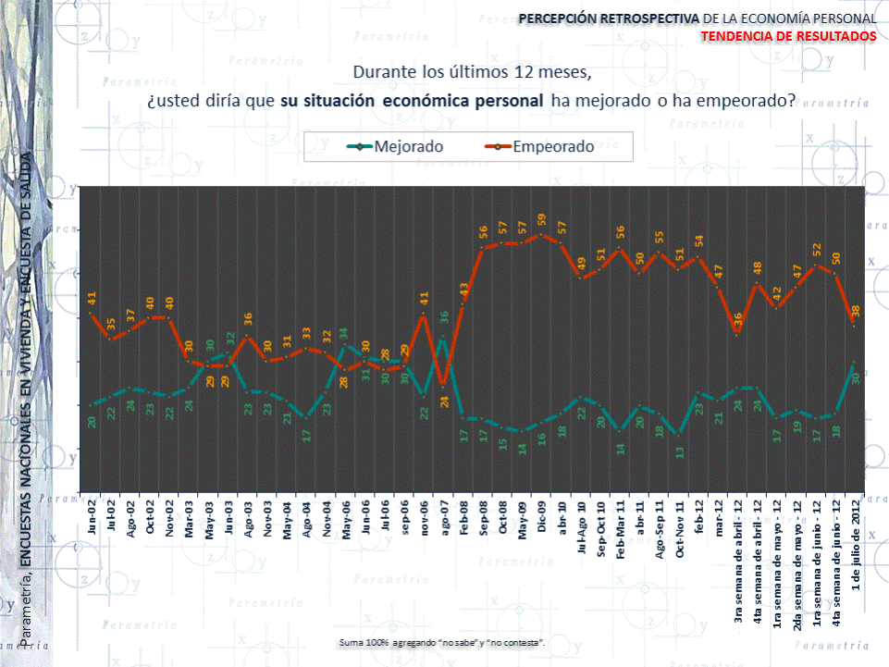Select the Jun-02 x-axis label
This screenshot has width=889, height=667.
(x=93, y=513)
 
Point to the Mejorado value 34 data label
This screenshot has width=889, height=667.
(x=343, y=333)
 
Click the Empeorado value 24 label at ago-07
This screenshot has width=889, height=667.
(x=444, y=401)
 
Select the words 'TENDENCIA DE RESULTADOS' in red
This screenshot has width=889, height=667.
(x=788, y=35)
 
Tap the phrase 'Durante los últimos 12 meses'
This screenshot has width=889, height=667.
(x=471, y=71)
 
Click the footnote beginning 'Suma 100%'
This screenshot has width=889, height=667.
(x=442, y=641)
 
